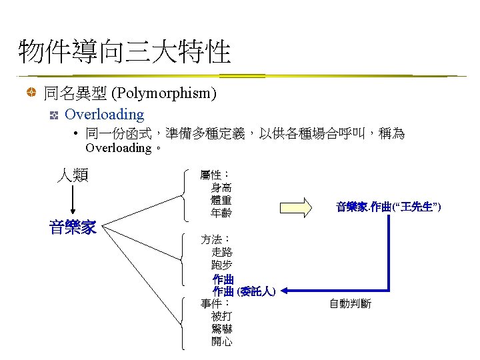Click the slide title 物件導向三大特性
[x=125, y=52]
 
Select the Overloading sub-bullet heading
[x=104, y=115]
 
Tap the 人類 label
[x=73, y=175]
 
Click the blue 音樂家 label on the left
[x=73, y=227]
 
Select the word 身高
[x=221, y=188]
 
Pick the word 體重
[x=221, y=201]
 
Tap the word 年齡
[x=221, y=213]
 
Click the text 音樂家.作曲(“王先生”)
[x=388, y=207]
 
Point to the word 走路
[x=222, y=252]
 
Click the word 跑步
[x=222, y=265]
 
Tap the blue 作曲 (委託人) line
[x=244, y=291]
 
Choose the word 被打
[x=222, y=316]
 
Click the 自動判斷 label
[x=350, y=304]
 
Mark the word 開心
[x=222, y=341]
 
